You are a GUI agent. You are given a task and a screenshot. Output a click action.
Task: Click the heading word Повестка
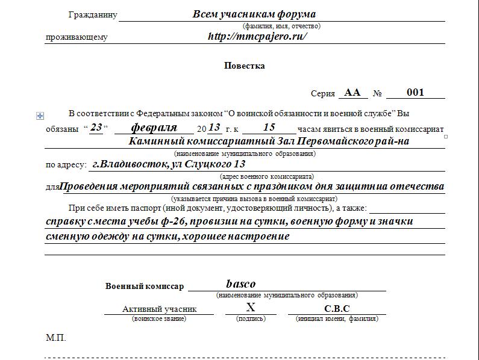[x=244, y=66]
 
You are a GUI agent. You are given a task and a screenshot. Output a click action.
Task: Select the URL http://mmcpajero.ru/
[x=257, y=36]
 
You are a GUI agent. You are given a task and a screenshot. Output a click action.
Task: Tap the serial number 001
[x=415, y=93]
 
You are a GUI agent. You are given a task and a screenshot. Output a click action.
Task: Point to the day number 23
[x=96, y=128]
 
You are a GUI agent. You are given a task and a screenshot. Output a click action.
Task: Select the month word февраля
[x=154, y=128]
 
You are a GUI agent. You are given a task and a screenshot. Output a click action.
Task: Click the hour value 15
[x=269, y=128]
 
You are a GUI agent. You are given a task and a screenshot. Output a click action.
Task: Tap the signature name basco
[x=240, y=284]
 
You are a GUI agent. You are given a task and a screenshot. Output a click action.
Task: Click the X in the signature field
[x=251, y=308]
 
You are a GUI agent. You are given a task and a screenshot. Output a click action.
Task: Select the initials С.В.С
[x=337, y=309]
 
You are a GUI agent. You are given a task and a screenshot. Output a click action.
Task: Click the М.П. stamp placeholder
[x=55, y=338]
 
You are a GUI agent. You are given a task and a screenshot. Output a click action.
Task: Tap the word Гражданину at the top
[x=93, y=15]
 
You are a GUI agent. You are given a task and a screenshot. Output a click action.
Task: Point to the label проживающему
[x=77, y=37]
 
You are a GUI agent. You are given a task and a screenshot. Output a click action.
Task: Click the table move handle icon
[x=40, y=115]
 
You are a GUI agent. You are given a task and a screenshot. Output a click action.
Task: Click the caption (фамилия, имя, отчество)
[x=281, y=26]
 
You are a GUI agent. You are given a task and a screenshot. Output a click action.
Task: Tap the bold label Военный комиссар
[x=145, y=287]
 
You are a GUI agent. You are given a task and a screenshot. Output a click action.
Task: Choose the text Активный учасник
[x=160, y=309]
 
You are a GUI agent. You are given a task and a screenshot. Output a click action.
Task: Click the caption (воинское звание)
[x=159, y=318]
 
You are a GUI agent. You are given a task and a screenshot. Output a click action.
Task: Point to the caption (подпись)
[x=251, y=318]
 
